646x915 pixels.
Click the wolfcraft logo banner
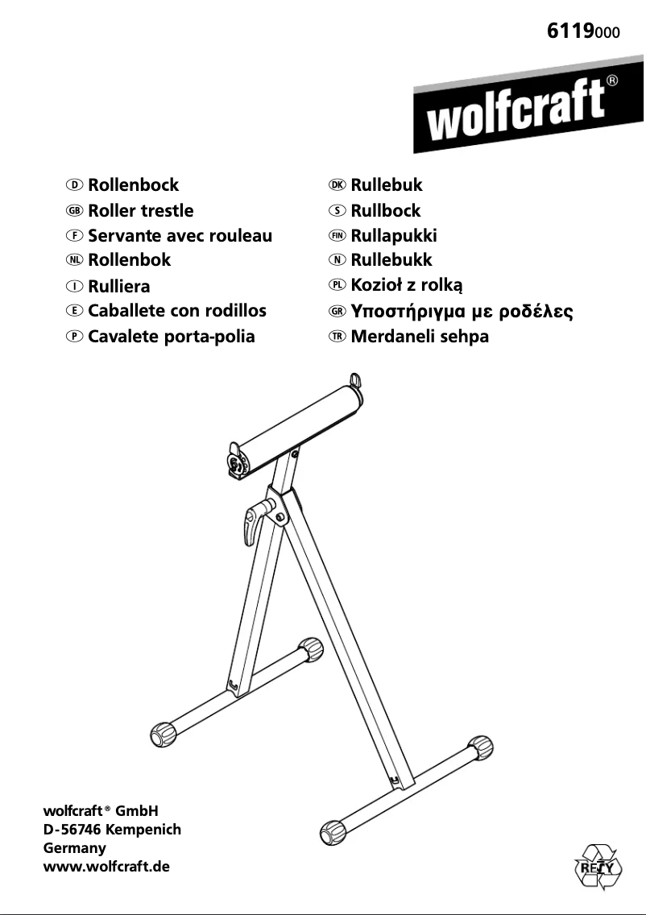pos(528,105)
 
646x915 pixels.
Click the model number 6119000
pos(583,31)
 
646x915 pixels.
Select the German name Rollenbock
pos(133,185)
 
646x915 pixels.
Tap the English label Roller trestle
pos(141,210)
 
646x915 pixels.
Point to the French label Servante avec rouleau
pos(180,235)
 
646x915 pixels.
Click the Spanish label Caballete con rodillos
pos(177,310)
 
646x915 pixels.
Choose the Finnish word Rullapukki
pos(393,235)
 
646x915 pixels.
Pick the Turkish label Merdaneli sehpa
pos(420,336)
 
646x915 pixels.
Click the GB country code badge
pos(75,211)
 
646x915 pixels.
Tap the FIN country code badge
pos(337,236)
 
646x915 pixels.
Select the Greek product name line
pos(462,311)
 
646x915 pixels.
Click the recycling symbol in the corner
pos(598,867)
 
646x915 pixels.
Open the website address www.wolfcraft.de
pos(106,867)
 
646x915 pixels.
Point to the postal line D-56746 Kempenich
pos(112,830)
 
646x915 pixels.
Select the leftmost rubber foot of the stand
pos(163,735)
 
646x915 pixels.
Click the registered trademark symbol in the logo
pos(612,81)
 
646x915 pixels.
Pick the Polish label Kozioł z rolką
pos(407,285)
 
